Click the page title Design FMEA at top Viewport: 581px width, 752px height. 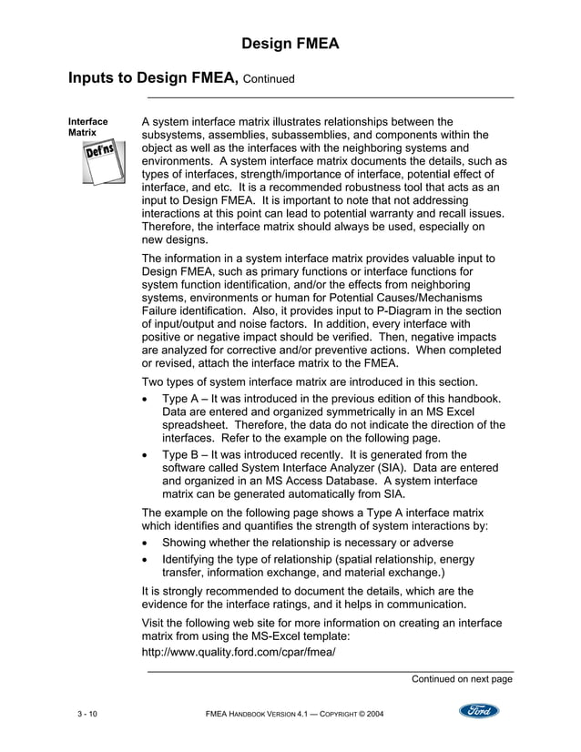coord(290,44)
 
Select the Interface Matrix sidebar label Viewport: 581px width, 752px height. coord(88,127)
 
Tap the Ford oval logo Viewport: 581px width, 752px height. coord(478,710)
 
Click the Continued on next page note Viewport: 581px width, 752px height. coord(462,678)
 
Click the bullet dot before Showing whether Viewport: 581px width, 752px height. coord(148,544)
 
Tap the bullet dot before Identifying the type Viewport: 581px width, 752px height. coord(148,559)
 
